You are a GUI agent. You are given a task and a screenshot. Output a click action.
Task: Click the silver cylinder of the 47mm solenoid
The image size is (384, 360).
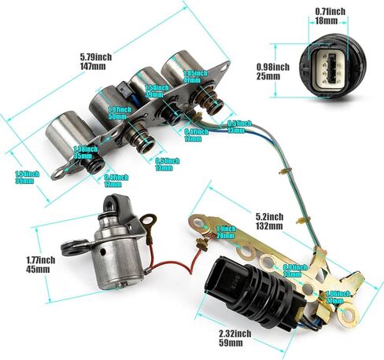click(183, 70)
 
